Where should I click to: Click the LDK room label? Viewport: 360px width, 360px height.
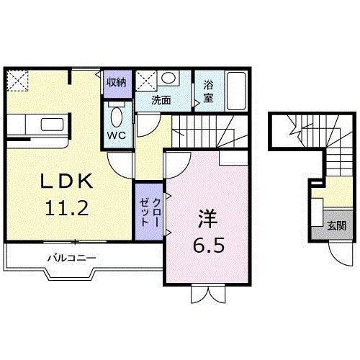66,181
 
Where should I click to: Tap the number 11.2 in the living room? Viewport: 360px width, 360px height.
67,208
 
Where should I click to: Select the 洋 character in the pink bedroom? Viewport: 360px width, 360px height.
208,219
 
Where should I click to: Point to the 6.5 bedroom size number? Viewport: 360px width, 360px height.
209,245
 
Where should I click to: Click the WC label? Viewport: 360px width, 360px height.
117,135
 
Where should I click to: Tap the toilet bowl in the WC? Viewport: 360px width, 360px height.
117,117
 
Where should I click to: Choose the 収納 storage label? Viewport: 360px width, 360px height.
117,82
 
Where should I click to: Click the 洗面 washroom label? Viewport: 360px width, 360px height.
161,100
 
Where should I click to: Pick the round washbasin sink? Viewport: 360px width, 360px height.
168,78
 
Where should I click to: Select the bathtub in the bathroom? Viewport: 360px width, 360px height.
236,91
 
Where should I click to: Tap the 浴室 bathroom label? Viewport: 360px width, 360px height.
208,91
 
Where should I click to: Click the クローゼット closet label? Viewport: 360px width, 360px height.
149,212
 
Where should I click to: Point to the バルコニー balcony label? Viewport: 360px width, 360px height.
72,258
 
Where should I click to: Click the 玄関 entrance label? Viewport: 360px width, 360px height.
337,225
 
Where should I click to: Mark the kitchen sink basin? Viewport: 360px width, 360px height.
53,125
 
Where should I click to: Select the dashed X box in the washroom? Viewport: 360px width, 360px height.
146,81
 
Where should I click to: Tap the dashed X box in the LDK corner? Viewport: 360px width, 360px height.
17,81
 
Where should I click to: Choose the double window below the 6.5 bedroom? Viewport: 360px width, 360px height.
208,294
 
